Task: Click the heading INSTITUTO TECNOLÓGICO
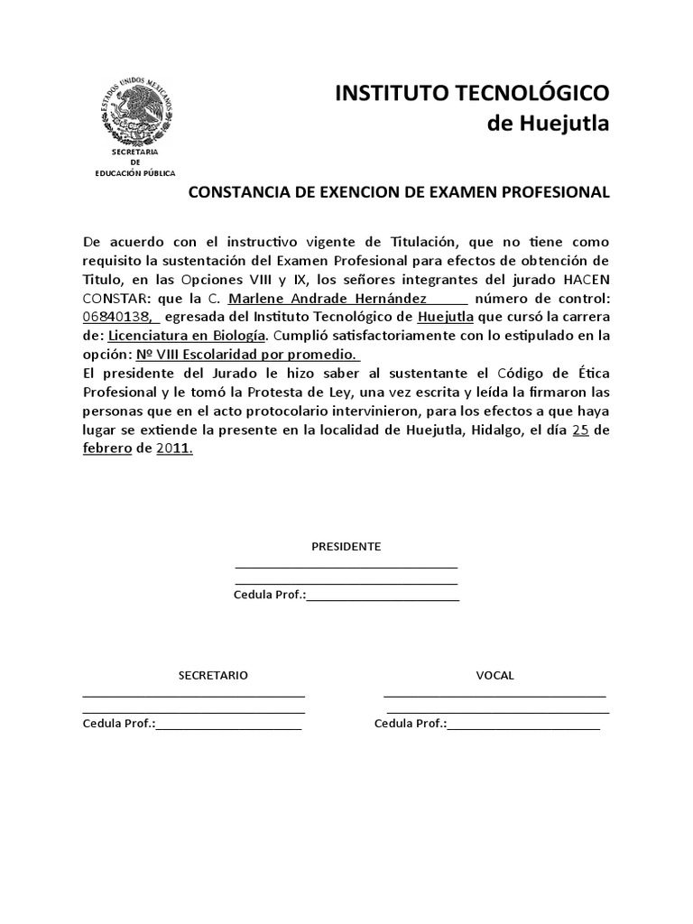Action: (472, 92)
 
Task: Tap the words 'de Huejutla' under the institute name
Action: (548, 124)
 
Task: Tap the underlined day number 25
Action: (581, 430)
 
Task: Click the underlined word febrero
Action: (106, 448)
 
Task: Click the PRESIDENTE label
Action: (346, 547)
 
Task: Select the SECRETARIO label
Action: (213, 675)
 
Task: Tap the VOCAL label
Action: (494, 675)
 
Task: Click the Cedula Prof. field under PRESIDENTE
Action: (383, 596)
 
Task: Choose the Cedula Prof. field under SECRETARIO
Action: (228, 724)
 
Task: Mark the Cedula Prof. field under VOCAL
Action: (523, 724)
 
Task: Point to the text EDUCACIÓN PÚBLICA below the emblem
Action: (136, 171)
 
